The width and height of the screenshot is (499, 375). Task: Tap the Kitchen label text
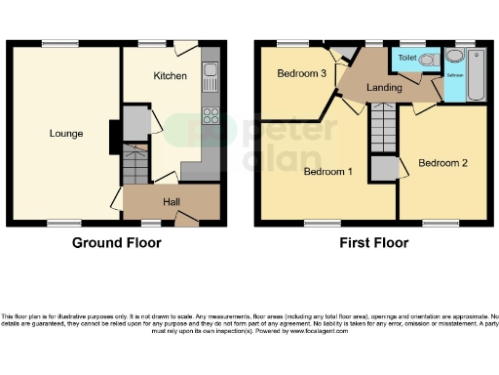[170, 75]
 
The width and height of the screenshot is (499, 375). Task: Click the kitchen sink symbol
[210, 71]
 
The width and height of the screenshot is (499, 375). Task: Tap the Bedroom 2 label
[444, 162]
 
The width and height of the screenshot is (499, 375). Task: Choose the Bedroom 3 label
[300, 74]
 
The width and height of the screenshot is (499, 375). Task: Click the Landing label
[384, 89]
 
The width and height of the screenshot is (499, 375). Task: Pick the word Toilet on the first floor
[408, 59]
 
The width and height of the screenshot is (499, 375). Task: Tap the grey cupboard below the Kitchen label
[136, 120]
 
